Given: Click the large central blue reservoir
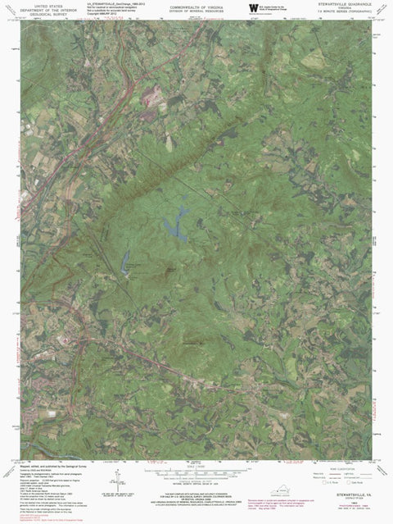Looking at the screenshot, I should tap(174, 221).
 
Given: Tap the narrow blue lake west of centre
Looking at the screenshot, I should tap(126, 265).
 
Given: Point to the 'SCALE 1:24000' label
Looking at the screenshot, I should tap(196, 465).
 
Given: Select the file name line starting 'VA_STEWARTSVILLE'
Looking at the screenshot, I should tap(103, 4).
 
